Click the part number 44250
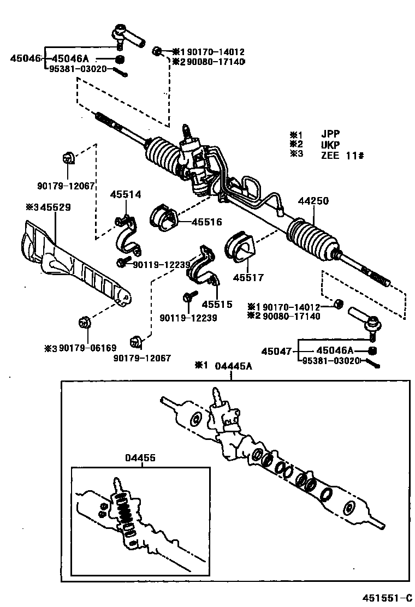click(x=313, y=201)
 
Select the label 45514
click(x=126, y=195)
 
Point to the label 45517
click(x=248, y=277)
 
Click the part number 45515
click(x=217, y=304)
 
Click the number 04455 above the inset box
click(x=139, y=458)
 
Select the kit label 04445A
click(x=233, y=366)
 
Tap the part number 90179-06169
click(x=87, y=348)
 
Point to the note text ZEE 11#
click(x=342, y=156)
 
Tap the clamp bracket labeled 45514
click(x=127, y=235)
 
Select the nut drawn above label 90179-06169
click(x=85, y=323)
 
